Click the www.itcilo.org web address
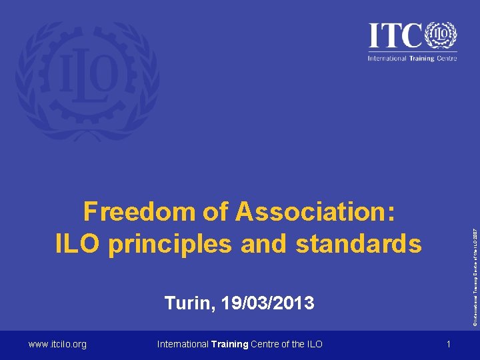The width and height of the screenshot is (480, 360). pos(57,344)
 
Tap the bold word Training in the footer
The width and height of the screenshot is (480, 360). pos(229,344)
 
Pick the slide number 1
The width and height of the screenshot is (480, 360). pos(449,344)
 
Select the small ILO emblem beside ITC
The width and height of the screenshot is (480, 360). pos(441,34)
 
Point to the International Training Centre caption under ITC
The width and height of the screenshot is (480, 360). pos(412,58)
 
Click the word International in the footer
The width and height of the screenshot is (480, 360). pos(182,344)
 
